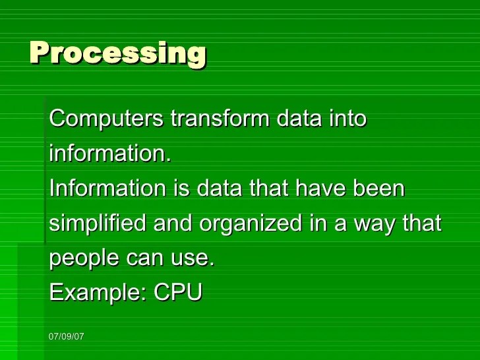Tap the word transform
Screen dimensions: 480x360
(x=220, y=118)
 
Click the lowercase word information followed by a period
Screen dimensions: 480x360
(x=110, y=153)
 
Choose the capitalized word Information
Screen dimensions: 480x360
(x=107, y=187)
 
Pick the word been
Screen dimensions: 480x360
(x=378, y=187)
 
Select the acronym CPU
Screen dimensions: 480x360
(x=178, y=291)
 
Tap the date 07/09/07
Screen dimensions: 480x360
(x=66, y=336)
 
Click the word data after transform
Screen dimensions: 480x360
(x=299, y=118)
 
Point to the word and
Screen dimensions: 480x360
(x=173, y=222)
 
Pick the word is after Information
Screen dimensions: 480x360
(x=182, y=187)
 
